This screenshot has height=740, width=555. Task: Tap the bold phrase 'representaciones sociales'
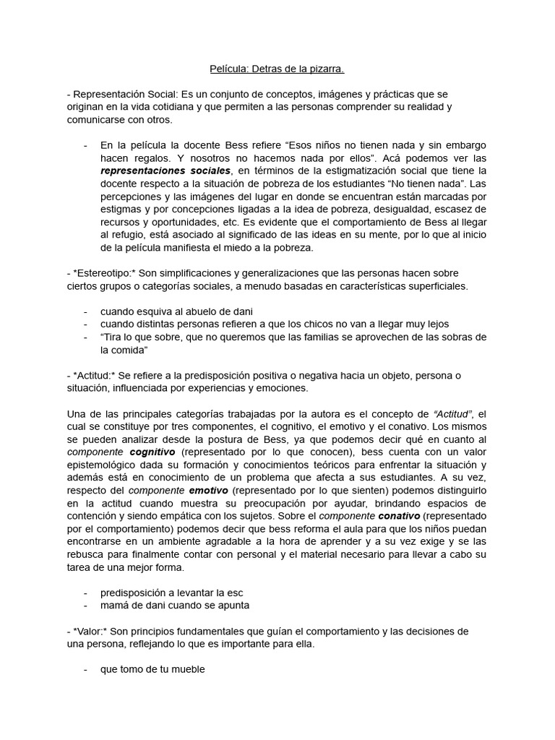click(x=165, y=171)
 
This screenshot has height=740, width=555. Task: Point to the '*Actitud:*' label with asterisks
click(x=95, y=375)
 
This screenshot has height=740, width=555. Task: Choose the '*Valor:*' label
click(x=92, y=631)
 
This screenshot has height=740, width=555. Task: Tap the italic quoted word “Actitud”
click(x=453, y=413)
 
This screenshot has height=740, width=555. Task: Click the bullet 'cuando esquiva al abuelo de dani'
click(x=176, y=311)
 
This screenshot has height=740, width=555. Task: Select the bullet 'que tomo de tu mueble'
click(x=152, y=669)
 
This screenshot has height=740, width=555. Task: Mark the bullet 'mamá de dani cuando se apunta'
click(x=175, y=606)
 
